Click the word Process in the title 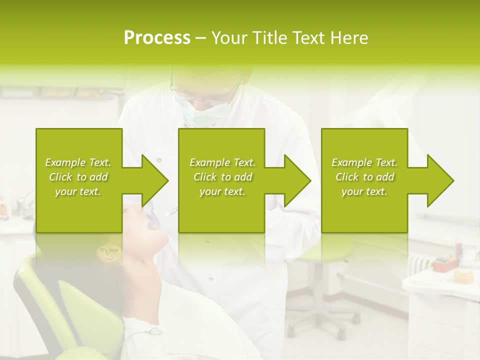pos(157,38)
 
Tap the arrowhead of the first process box pos(155,180)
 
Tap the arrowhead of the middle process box pos(297,180)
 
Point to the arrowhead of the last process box pos(440,180)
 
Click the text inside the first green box pos(78,177)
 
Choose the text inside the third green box pos(364,177)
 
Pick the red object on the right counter pos(445,262)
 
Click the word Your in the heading pos(230,38)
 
